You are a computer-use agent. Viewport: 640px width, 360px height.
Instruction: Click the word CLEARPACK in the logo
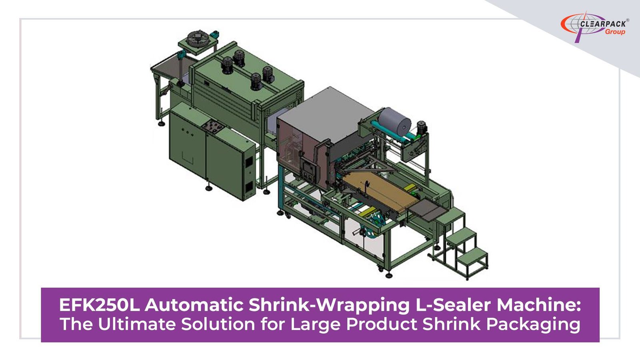pyautogui.click(x=603, y=24)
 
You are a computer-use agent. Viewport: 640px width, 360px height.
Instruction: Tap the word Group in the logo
pyautogui.click(x=615, y=32)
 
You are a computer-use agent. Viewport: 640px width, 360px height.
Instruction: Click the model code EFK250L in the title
pyautogui.click(x=100, y=305)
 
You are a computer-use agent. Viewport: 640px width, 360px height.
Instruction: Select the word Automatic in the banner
pyautogui.click(x=194, y=305)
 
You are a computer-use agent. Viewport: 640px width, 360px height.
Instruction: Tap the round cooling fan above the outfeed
pyautogui.click(x=198, y=38)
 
